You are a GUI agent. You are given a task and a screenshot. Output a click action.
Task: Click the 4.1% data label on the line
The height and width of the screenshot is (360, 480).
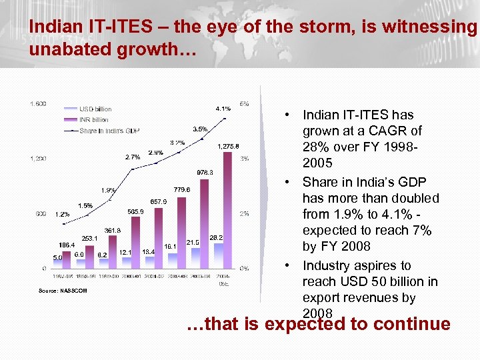pos(223,109)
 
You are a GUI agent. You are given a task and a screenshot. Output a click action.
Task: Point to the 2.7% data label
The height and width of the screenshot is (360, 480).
pos(133,157)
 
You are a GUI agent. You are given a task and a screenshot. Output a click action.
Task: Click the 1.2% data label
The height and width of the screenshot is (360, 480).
pos(63,215)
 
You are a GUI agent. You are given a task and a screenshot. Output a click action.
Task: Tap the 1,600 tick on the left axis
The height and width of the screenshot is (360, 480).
pos(37,103)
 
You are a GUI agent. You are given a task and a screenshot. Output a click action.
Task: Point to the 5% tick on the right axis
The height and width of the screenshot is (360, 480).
pos(245,103)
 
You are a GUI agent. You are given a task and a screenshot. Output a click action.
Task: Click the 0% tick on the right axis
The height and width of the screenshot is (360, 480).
pos(245,269)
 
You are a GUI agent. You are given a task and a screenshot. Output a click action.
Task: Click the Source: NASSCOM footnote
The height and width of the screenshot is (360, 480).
pos(63,291)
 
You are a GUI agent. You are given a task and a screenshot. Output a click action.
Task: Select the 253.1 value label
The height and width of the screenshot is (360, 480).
pos(90,238)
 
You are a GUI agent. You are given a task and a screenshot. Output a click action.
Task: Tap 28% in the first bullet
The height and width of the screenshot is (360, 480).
pos(315,147)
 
